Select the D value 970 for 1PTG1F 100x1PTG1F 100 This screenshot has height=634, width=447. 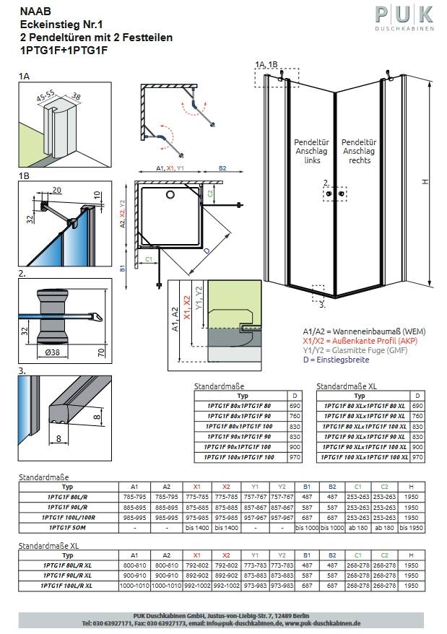294,457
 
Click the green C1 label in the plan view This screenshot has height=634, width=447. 149,258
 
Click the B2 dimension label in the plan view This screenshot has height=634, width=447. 222,168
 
